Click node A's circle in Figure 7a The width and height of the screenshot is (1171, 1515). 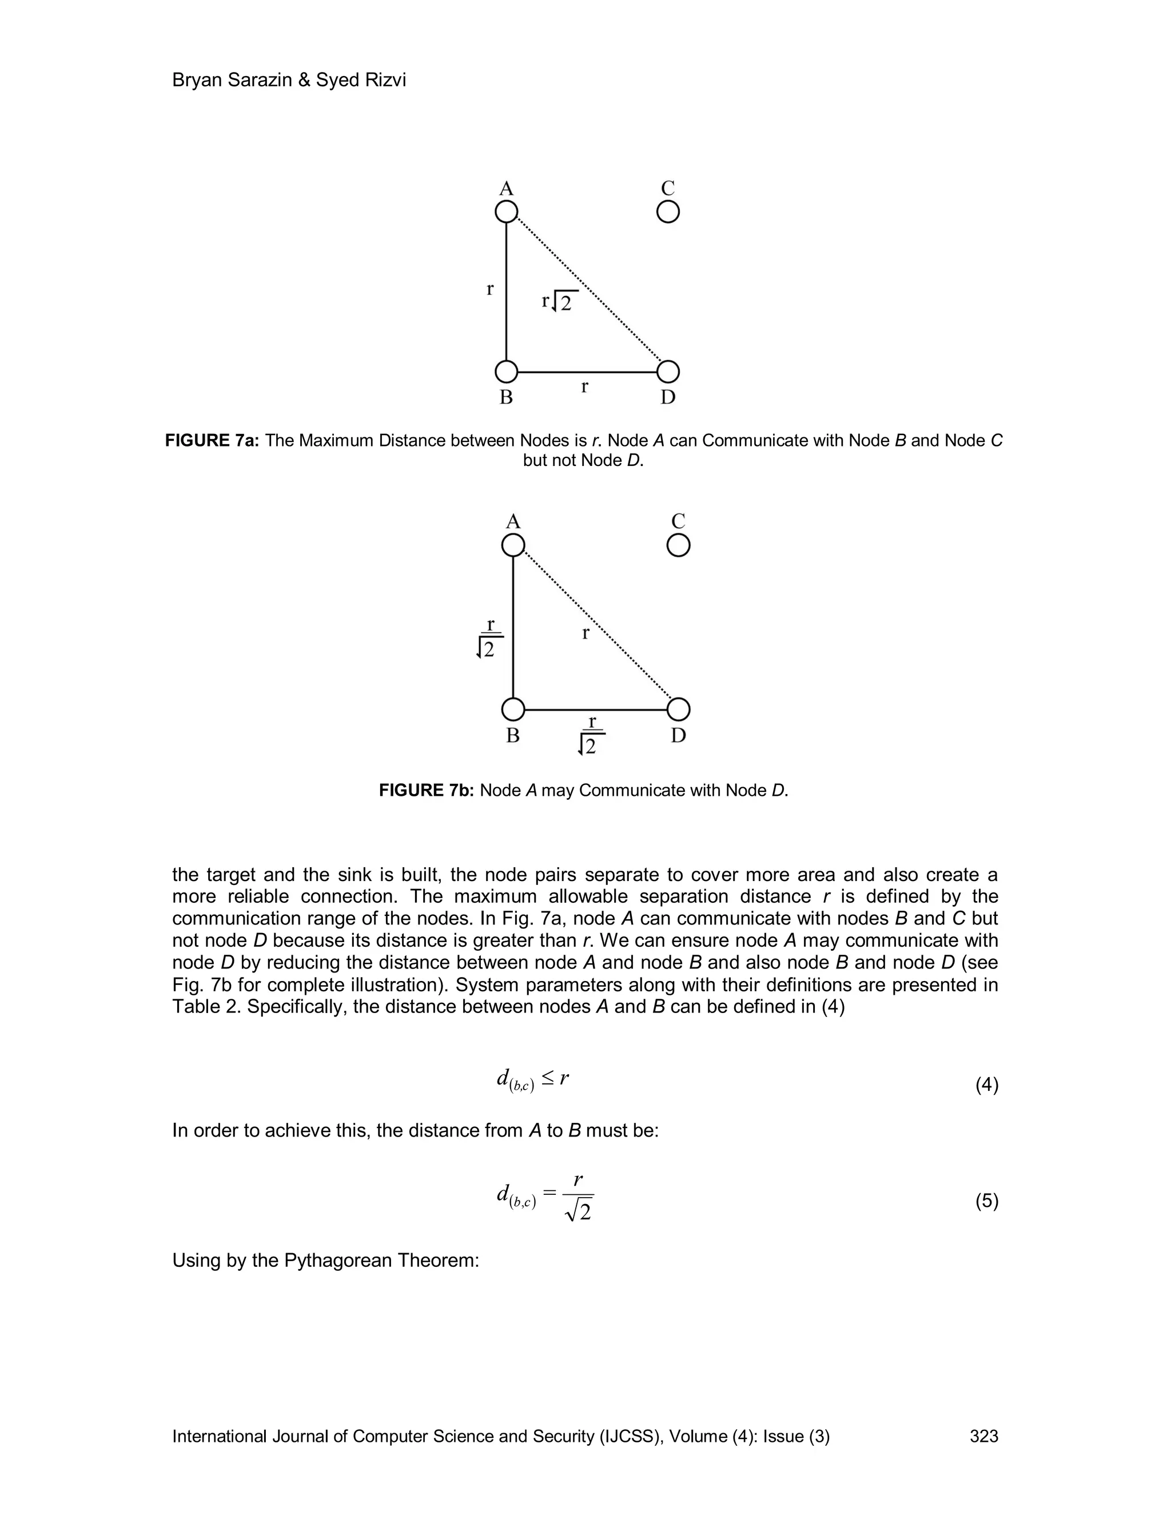(507, 212)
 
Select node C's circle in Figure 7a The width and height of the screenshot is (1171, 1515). (667, 212)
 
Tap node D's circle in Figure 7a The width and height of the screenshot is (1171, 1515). (667, 372)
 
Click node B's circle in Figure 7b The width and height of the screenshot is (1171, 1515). (513, 709)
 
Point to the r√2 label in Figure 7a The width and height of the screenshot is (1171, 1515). (559, 301)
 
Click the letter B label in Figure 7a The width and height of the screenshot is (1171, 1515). (507, 397)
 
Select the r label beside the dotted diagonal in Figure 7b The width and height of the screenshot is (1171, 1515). (585, 633)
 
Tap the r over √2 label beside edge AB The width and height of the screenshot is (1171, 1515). (488, 638)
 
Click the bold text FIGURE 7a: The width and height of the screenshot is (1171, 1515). (212, 440)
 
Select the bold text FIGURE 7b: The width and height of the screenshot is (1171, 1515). (426, 790)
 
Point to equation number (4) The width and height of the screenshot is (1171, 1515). (986, 1085)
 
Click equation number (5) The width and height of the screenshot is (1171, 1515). (986, 1201)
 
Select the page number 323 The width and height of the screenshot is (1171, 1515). (983, 1436)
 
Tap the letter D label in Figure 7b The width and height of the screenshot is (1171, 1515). (679, 735)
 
